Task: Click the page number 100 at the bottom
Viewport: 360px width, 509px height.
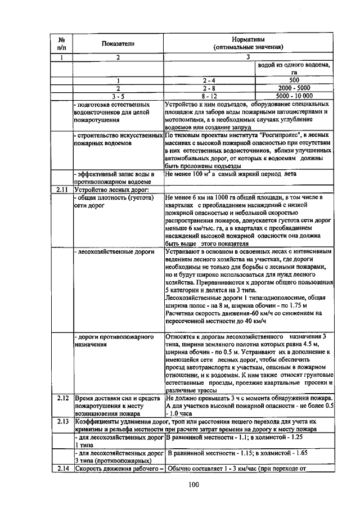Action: pos(194,485)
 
